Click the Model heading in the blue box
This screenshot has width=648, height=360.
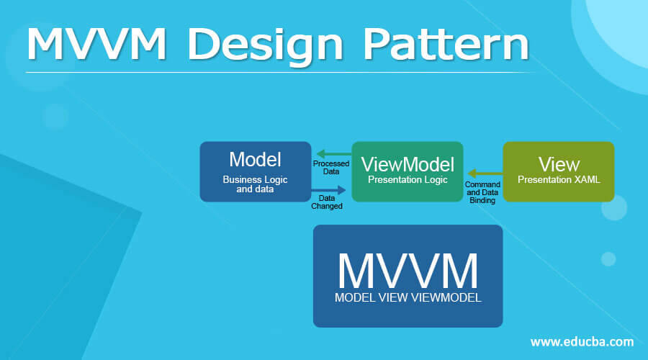(255, 158)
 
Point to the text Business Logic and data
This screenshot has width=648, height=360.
(255, 184)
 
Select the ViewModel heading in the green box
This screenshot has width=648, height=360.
(408, 165)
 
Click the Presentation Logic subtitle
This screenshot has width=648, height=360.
(408, 181)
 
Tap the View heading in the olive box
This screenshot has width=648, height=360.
(559, 164)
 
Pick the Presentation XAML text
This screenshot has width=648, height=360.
(559, 180)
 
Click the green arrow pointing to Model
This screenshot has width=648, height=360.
(331, 153)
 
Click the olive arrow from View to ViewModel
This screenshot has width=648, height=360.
(484, 174)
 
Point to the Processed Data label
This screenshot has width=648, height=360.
(331, 167)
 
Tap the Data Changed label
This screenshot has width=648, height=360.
(326, 202)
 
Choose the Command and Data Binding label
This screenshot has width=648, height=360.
(483, 192)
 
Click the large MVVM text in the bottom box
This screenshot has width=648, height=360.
(408, 270)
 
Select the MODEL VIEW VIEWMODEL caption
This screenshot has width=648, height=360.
(408, 297)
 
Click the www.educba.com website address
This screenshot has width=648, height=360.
(582, 341)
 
